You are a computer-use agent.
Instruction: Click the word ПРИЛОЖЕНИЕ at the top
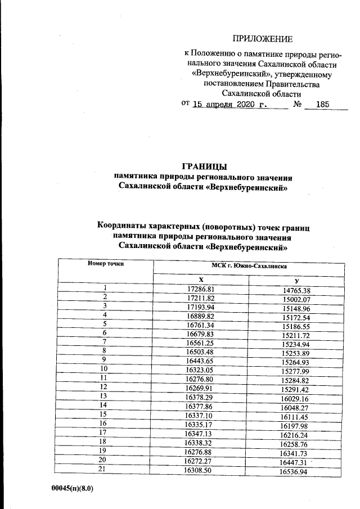point(263,39)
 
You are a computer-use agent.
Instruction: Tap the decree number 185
point(322,105)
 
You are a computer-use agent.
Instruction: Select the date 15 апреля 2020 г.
point(231,105)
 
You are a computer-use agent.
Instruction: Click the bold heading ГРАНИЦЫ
point(204,166)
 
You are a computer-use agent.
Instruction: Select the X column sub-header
point(201,279)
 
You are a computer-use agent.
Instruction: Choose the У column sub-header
point(296,280)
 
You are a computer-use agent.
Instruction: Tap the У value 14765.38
point(296,291)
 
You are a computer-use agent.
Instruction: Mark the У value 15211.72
point(296,335)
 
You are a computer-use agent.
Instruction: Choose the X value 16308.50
point(201,470)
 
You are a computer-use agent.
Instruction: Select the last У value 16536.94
point(296,472)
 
